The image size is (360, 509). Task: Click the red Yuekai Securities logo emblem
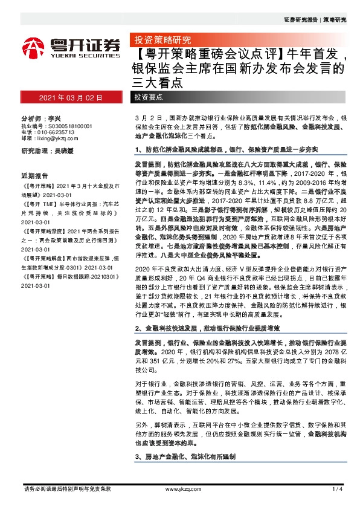point(33,47)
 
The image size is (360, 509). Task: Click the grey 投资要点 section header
point(149,97)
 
